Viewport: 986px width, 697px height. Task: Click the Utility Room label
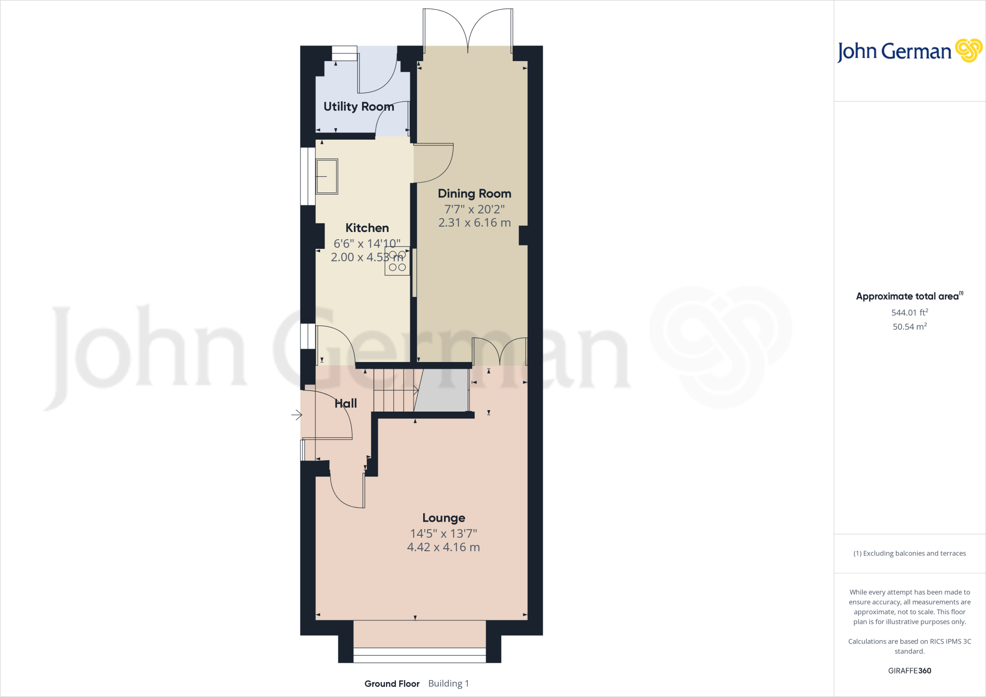(x=359, y=106)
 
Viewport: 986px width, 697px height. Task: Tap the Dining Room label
(x=474, y=194)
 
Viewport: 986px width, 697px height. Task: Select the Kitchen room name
(x=367, y=228)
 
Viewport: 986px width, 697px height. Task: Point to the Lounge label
(x=443, y=518)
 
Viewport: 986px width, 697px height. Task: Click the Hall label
(x=346, y=403)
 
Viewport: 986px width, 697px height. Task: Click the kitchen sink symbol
(x=326, y=176)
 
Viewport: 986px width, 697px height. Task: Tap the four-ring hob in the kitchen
(x=397, y=261)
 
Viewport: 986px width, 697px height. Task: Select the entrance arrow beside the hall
(x=296, y=414)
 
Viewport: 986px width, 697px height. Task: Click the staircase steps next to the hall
(x=394, y=390)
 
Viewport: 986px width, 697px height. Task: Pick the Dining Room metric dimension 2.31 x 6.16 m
(x=474, y=223)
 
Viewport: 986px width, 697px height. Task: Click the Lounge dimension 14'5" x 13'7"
(x=443, y=533)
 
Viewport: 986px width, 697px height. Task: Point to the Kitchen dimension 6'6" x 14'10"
(x=367, y=244)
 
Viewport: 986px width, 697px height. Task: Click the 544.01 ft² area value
(x=909, y=312)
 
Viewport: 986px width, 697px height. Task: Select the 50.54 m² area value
(x=909, y=326)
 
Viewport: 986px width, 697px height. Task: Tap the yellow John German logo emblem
(x=968, y=51)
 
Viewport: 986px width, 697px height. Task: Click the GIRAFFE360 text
(x=909, y=671)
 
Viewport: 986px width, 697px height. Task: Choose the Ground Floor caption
(x=392, y=684)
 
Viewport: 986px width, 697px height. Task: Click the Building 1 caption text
(x=448, y=684)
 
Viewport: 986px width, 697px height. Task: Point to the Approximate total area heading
(x=908, y=297)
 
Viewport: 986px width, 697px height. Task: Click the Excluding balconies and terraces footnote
(x=909, y=554)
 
